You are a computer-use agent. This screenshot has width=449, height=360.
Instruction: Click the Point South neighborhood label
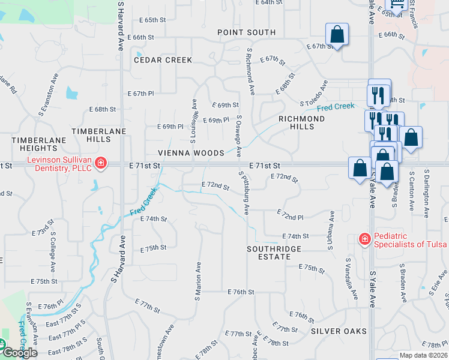[246, 32]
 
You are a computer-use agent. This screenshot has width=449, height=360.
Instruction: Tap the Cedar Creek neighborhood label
[163, 60]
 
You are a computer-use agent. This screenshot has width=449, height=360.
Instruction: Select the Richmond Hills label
[301, 122]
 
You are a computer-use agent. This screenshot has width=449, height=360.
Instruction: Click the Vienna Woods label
[191, 153]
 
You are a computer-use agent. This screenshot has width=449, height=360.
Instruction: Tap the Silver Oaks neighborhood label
[339, 331]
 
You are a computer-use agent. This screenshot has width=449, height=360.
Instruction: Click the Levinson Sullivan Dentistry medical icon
[101, 163]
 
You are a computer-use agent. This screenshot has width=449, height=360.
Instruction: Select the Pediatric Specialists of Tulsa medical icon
[364, 239]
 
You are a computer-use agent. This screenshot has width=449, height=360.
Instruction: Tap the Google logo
[19, 352]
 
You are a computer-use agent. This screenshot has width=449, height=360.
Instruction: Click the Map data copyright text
[423, 355]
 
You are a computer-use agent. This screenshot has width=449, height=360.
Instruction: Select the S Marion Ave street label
[197, 280]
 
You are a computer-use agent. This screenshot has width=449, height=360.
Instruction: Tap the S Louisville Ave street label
[193, 121]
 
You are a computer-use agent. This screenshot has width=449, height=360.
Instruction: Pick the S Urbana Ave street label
[330, 230]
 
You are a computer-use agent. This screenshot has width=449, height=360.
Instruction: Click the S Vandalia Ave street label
[351, 279]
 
